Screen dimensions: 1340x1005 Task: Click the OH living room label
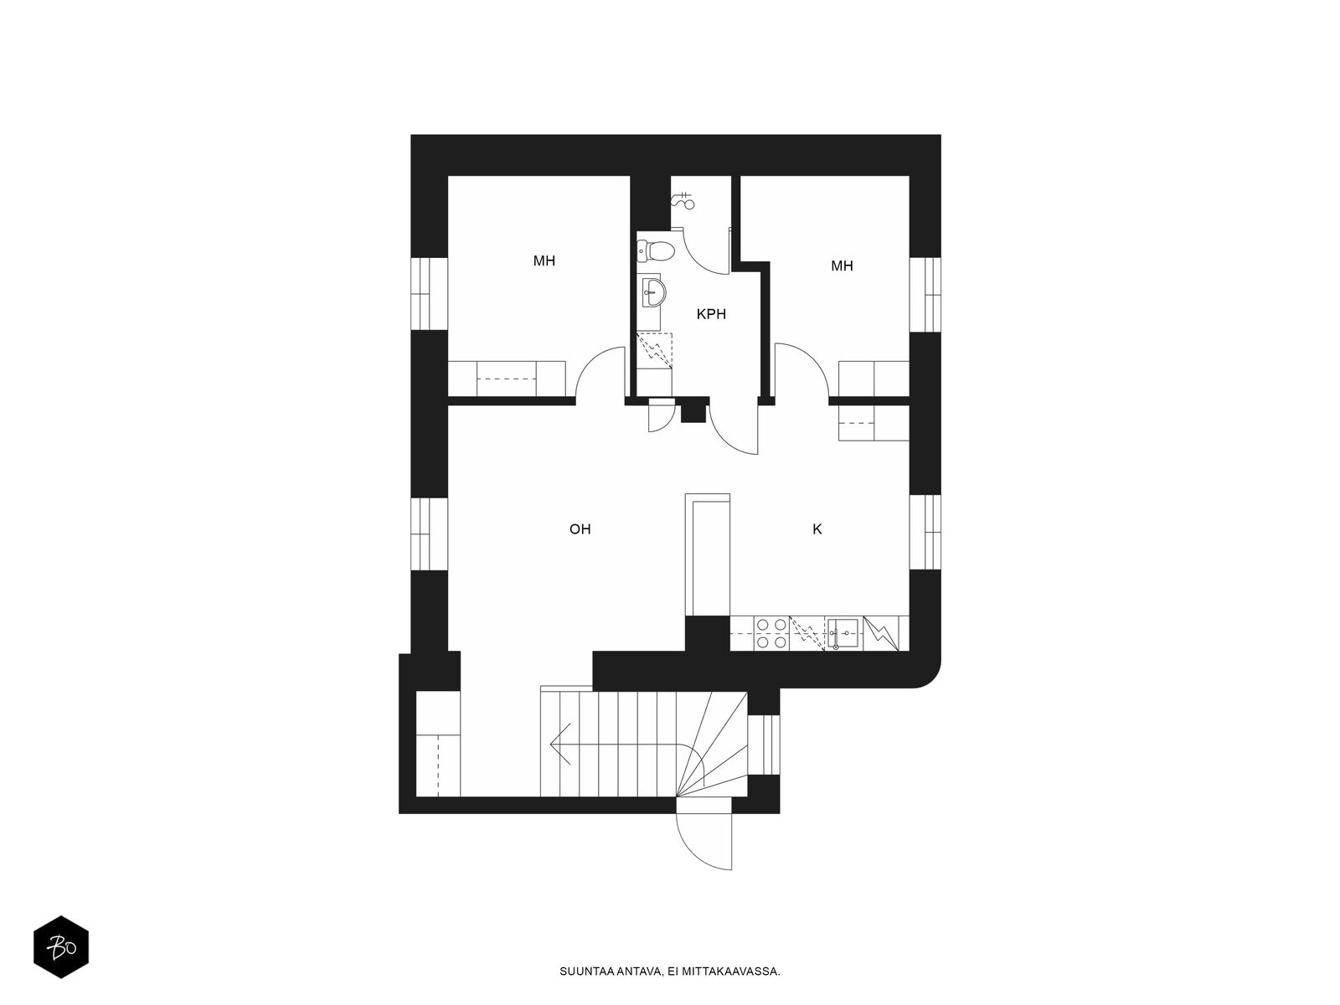coord(580,529)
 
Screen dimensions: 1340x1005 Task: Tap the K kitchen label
coord(817,529)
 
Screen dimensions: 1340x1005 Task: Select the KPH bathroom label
coord(711,314)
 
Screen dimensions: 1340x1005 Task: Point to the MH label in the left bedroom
coord(544,261)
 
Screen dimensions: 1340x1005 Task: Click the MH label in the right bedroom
coord(841,266)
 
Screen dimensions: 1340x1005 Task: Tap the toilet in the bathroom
coord(655,250)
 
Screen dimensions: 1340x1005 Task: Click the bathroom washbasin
coord(653,292)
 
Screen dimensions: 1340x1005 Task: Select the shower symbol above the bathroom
coord(683,200)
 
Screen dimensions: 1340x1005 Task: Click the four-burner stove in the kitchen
coord(771,633)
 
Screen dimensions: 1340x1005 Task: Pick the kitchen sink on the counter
coord(843,633)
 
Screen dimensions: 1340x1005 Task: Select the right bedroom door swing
coord(801,371)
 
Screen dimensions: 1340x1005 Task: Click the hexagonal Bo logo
coord(61,946)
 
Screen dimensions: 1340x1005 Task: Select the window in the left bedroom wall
coord(429,294)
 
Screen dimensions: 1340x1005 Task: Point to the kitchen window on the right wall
coord(925,532)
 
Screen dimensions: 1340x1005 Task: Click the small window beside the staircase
coord(764,745)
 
